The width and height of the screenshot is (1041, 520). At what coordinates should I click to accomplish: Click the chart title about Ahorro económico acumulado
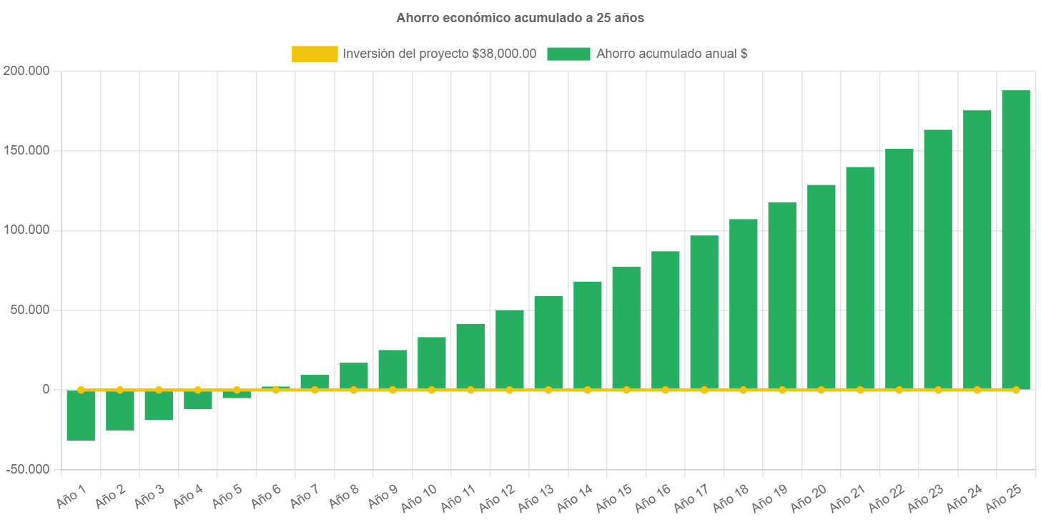pyautogui.click(x=520, y=18)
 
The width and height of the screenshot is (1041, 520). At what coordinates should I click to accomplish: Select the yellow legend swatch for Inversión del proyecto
pyautogui.click(x=315, y=54)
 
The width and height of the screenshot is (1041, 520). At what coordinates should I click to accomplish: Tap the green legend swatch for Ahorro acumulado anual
pyautogui.click(x=568, y=54)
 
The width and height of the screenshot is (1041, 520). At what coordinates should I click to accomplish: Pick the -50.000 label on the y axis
pyautogui.click(x=28, y=469)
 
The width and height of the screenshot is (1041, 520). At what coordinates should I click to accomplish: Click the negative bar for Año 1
pyautogui.click(x=81, y=416)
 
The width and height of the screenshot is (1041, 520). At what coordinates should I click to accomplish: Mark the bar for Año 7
pyautogui.click(x=315, y=381)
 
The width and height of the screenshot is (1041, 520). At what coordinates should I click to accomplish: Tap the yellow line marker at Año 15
pyautogui.click(x=626, y=390)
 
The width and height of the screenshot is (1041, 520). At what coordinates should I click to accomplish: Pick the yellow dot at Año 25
pyautogui.click(x=1015, y=390)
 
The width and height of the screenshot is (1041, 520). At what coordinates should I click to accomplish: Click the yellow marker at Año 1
pyautogui.click(x=81, y=390)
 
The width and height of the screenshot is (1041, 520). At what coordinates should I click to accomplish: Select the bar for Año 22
pyautogui.click(x=899, y=268)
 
